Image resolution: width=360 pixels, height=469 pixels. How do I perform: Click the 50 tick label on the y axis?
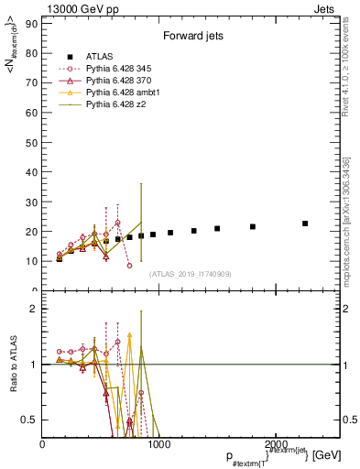[31, 142]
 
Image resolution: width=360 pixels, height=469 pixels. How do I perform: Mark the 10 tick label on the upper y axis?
[31, 261]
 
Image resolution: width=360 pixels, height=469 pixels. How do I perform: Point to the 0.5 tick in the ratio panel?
[29, 420]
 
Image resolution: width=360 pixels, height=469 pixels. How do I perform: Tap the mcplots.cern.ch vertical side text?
[348, 192]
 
